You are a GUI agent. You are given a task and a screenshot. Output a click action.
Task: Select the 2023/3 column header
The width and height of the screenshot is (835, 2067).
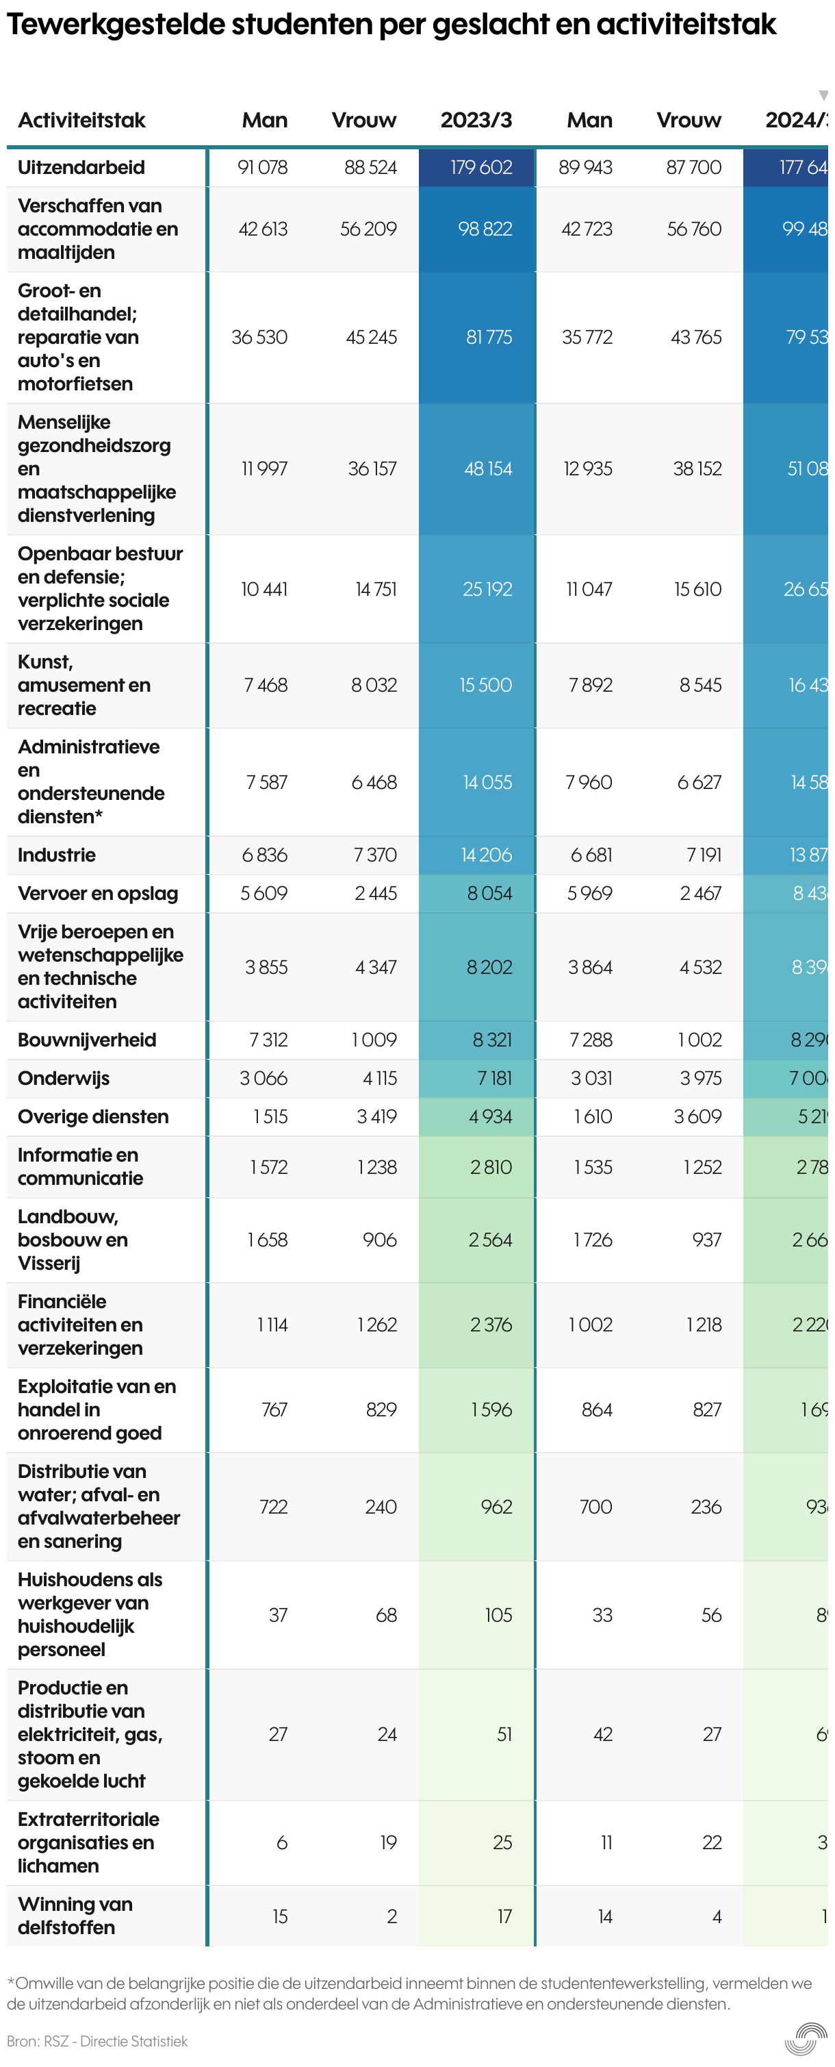[x=476, y=121]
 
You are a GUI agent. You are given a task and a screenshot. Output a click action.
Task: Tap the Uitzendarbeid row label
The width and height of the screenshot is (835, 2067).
[x=81, y=168]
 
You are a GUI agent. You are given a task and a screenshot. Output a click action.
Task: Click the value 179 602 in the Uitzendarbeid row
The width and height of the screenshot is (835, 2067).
[x=480, y=168]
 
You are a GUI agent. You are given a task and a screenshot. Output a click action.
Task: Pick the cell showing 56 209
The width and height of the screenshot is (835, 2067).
[x=368, y=229]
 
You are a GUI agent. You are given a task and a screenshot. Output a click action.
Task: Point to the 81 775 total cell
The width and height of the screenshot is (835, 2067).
[x=489, y=338]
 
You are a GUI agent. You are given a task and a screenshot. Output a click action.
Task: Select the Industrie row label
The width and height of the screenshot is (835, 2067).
[x=56, y=855]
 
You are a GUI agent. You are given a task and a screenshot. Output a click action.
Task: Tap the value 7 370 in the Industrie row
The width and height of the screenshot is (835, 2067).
[x=375, y=855]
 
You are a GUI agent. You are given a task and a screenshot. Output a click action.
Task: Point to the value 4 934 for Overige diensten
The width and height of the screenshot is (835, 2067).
[x=490, y=1117]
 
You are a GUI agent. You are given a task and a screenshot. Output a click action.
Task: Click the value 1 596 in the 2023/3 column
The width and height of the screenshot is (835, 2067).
[x=491, y=1410]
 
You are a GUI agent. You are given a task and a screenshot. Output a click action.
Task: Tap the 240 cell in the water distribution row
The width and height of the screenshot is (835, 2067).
[x=381, y=1507]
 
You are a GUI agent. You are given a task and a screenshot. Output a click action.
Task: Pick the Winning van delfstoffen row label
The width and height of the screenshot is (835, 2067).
[x=75, y=1916]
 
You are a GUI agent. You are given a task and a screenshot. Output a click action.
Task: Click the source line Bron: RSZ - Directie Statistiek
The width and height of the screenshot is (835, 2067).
[x=97, y=2040]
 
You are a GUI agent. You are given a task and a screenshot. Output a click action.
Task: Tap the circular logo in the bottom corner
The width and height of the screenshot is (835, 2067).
[x=806, y=2039]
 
